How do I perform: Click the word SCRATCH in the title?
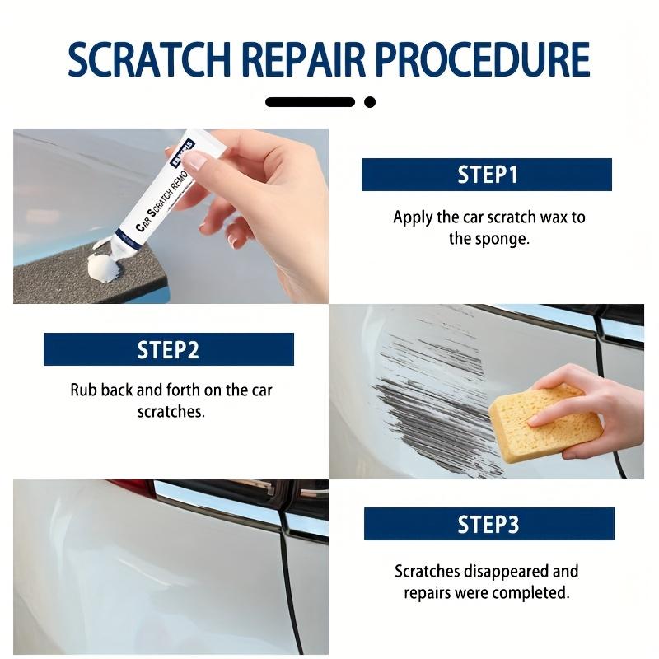149,59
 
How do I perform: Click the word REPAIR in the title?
303,59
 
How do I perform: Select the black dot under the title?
370,102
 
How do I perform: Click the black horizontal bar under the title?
311,102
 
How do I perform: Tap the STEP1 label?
487,175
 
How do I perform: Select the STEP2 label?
169,349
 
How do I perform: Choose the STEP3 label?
488,524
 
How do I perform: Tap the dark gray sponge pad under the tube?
84,273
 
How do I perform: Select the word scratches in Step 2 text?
171,411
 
